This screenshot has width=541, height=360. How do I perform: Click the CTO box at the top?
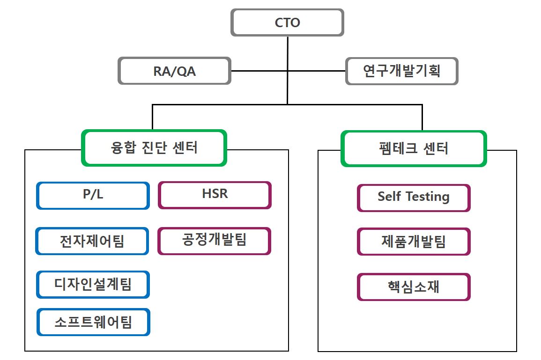pos(287,22)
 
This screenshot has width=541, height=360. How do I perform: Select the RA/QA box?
pos(174,71)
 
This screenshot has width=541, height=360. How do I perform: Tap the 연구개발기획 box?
pos(401,71)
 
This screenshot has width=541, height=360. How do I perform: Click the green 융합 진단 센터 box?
pos(154,148)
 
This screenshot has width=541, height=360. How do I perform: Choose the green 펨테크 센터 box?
pos(414,148)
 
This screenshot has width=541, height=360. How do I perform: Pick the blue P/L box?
pos(93,195)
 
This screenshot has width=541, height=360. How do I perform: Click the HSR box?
pos(215,195)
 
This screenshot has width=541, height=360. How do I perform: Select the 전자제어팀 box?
pos(92,241)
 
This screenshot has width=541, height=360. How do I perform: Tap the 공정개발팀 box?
pos(214,241)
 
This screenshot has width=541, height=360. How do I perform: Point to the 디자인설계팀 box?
pos(93,284)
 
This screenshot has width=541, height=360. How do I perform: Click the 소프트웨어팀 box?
pos(93,322)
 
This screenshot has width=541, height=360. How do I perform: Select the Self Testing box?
pos(414,198)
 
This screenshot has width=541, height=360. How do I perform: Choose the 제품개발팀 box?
pos(414,242)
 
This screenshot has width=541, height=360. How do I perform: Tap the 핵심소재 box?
pos(414,287)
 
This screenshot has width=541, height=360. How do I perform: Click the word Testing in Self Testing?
pos(427,198)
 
